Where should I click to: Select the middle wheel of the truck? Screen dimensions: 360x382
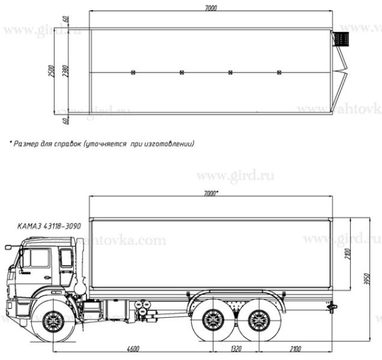click(210, 320)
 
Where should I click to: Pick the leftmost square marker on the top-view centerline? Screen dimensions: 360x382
click(132, 73)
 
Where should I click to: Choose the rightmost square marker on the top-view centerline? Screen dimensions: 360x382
click(279, 73)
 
